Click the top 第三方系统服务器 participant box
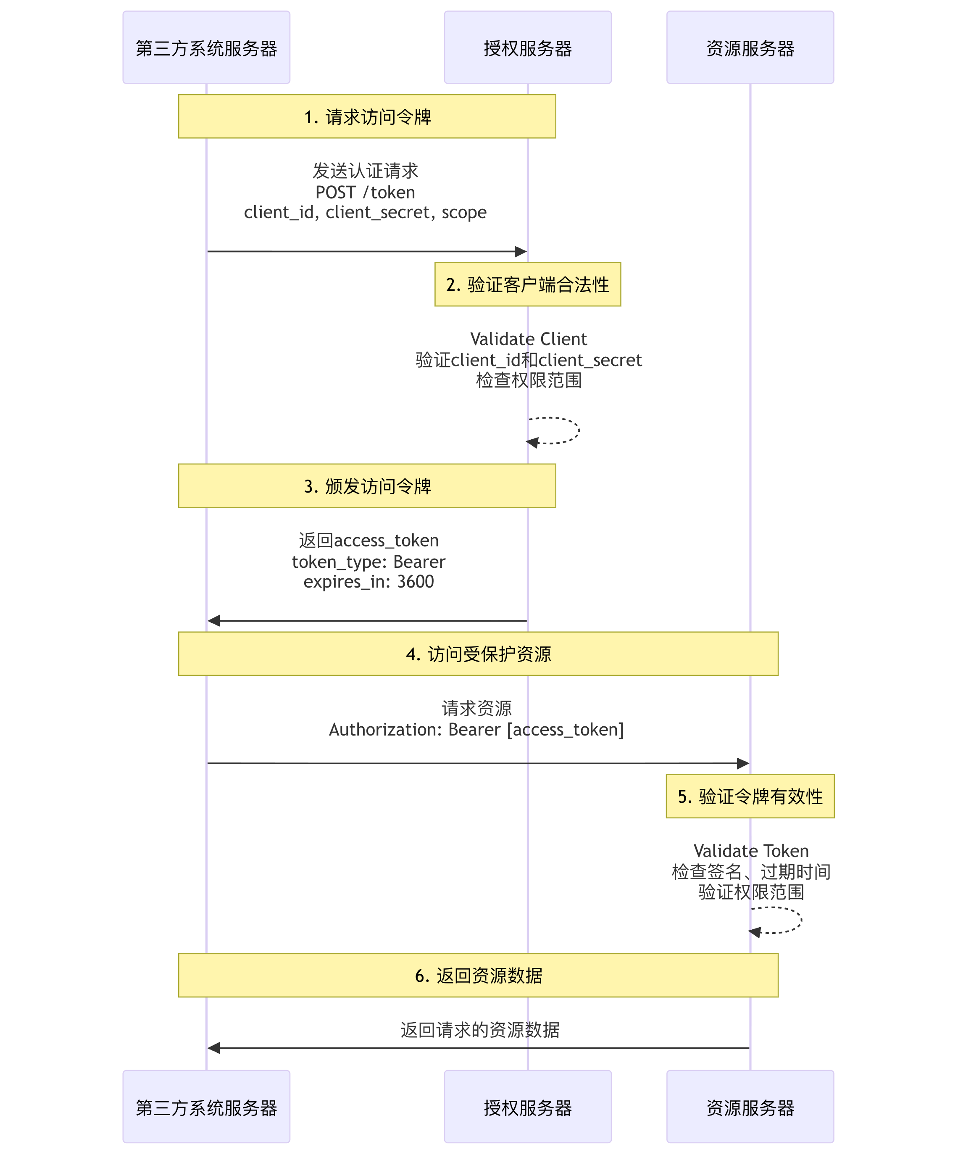point(206,48)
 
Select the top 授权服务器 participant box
point(527,48)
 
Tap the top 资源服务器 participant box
point(750,48)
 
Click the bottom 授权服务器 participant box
point(527,1107)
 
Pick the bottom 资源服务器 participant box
point(750,1107)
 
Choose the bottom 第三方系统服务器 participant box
point(206,1107)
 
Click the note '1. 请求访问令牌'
point(367,116)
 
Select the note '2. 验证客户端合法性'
point(527,285)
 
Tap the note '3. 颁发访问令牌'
point(367,485)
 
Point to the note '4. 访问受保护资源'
point(478,654)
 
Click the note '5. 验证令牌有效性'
point(750,796)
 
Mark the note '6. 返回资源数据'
point(478,975)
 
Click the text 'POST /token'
point(365,192)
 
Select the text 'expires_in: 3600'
point(368,581)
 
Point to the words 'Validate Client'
point(529,339)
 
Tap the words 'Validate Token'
point(751,851)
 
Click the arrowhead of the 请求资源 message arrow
point(742,763)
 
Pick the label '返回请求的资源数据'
point(479,1030)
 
